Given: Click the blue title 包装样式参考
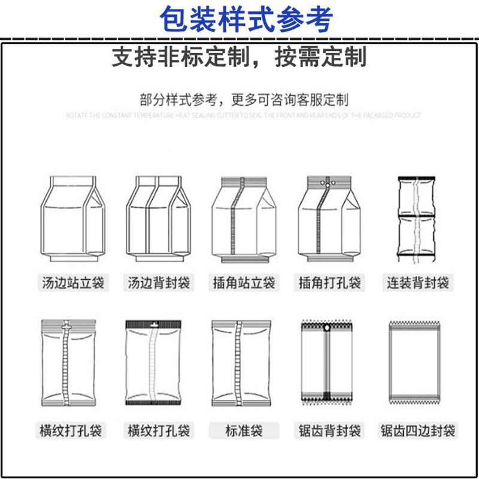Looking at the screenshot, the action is click(x=246, y=19).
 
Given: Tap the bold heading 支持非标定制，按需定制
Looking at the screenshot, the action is click(x=239, y=57).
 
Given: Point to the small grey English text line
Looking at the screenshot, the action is click(x=243, y=115).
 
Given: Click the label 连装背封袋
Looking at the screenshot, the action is click(x=417, y=283).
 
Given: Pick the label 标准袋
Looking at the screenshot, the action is click(x=244, y=430).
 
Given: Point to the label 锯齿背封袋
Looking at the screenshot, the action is click(x=330, y=430).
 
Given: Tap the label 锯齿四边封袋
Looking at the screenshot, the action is click(x=417, y=430).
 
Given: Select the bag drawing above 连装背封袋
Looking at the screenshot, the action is click(x=415, y=219).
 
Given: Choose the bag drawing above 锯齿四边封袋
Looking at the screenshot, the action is click(x=414, y=363).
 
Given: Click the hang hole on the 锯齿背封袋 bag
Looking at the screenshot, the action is click(x=326, y=329).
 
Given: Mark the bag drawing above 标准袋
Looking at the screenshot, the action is click(x=238, y=363).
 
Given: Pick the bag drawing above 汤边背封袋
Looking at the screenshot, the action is click(x=157, y=219).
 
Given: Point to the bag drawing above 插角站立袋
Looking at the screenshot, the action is click(x=241, y=220).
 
